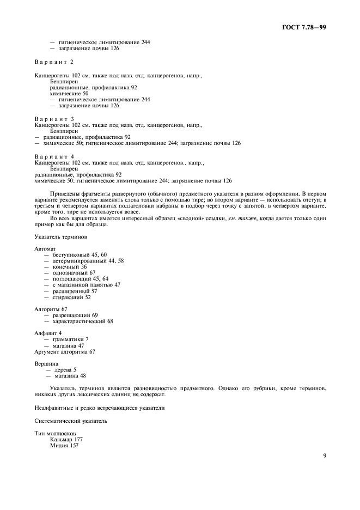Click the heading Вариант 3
pos(54,118)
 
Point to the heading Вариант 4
pos(54,156)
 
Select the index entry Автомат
pos(45,248)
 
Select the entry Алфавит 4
pos(48,332)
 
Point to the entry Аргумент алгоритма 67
pos(64,351)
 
